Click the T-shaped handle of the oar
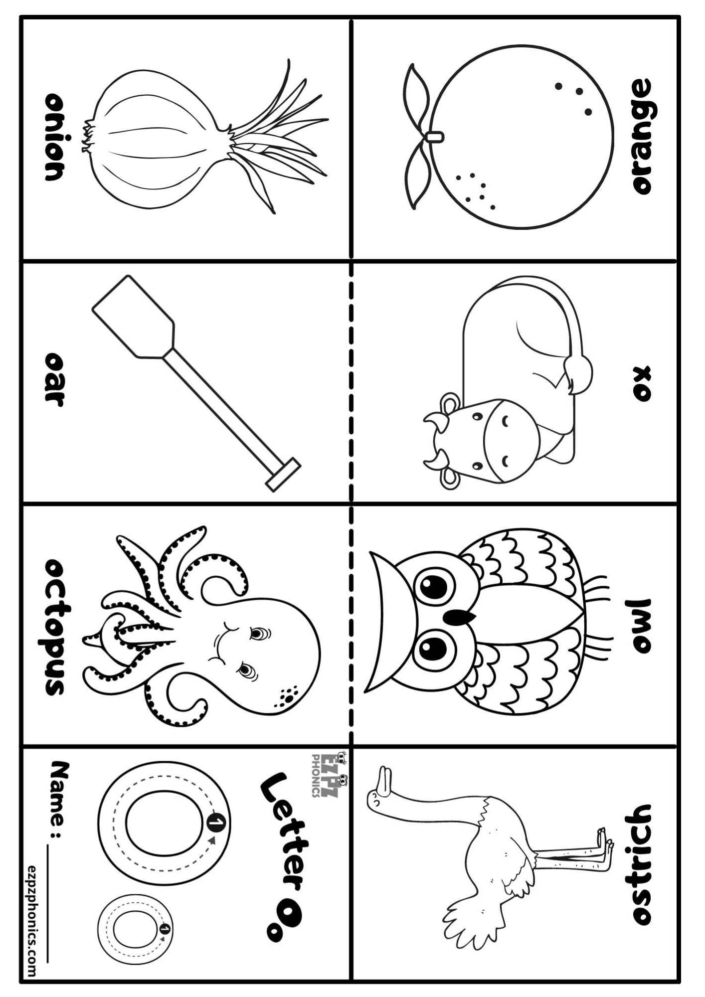[x=283, y=475]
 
